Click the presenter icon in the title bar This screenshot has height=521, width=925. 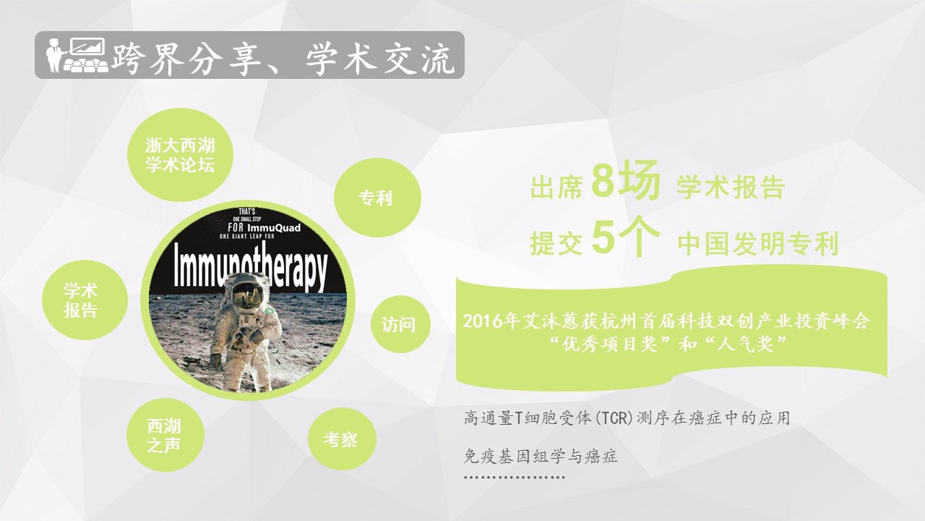point(77,55)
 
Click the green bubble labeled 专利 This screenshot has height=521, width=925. point(377,198)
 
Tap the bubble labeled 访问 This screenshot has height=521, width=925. point(400,324)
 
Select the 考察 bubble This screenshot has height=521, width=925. point(342,439)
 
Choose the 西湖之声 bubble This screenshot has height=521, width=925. point(165,435)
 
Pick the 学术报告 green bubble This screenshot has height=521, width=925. point(85,300)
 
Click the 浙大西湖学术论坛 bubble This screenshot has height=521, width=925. point(180,155)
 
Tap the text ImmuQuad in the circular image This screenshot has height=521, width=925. point(274,228)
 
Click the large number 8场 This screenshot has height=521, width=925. point(625,181)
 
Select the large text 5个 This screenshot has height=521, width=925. point(625,237)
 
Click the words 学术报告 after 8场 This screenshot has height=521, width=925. point(731,187)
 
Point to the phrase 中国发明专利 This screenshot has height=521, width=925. point(758,243)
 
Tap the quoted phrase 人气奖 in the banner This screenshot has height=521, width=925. point(747,344)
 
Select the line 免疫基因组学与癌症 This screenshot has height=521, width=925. point(541,456)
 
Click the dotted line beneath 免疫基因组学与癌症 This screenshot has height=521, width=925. point(515,478)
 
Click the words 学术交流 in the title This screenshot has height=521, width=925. point(380,59)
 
